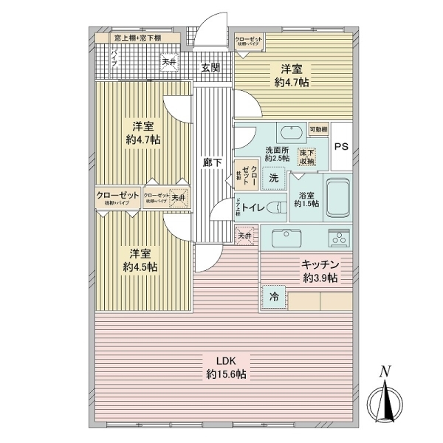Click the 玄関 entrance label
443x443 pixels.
pyautogui.click(x=210, y=67)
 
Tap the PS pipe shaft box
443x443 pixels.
pyautogui.click(x=340, y=146)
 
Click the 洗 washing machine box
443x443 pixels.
pyautogui.click(x=273, y=177)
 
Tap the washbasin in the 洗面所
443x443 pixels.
pyautogui.click(x=289, y=134)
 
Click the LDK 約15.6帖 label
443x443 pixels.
pyautogui.click(x=226, y=368)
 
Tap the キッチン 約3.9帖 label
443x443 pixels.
pyautogui.click(x=319, y=271)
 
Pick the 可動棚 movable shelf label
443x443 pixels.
pyautogui.click(x=319, y=128)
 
